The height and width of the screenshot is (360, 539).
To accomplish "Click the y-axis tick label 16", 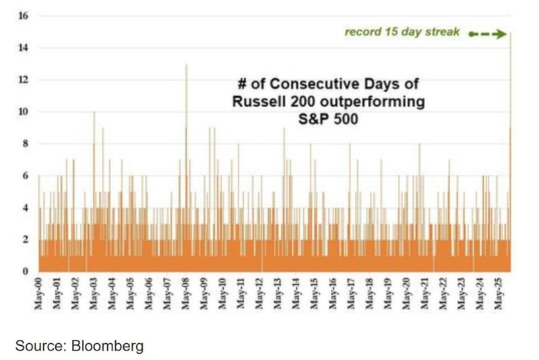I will (23, 16).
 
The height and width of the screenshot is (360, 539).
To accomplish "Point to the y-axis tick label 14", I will (23, 48).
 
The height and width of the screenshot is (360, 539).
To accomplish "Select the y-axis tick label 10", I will (23, 112).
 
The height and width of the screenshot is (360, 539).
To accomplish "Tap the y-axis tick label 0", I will (25, 272).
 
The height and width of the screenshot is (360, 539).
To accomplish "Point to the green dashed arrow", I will (487, 34).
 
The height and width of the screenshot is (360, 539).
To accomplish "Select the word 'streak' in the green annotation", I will (443, 32).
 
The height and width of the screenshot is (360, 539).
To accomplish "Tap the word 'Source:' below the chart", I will (37, 347).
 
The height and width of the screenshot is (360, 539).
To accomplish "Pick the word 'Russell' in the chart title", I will (259, 102).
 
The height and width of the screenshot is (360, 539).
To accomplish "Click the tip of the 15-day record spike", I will (511, 32).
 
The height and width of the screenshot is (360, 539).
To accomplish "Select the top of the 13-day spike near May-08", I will (187, 65).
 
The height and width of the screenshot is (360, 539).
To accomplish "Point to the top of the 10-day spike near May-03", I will (94, 113).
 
